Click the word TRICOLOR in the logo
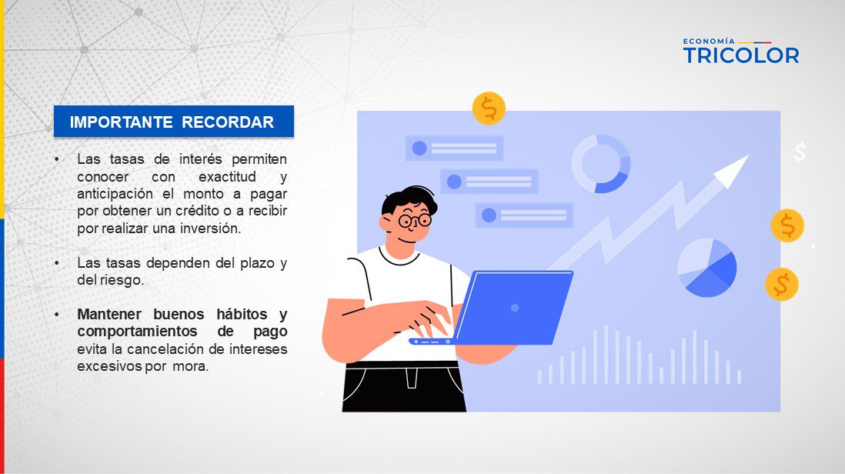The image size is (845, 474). (741, 55)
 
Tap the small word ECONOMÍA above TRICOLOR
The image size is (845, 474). (709, 41)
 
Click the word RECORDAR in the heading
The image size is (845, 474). (228, 122)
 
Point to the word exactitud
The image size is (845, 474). (227, 177)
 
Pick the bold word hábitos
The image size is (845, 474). (242, 314)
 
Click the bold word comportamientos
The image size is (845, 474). (137, 331)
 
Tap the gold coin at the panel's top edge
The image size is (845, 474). (489, 108)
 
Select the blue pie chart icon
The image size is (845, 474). (707, 268)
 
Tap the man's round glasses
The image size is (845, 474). (415, 220)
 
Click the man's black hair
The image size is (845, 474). (409, 199)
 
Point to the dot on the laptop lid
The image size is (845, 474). (515, 308)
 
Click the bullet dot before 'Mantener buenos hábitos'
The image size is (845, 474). (57, 314)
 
